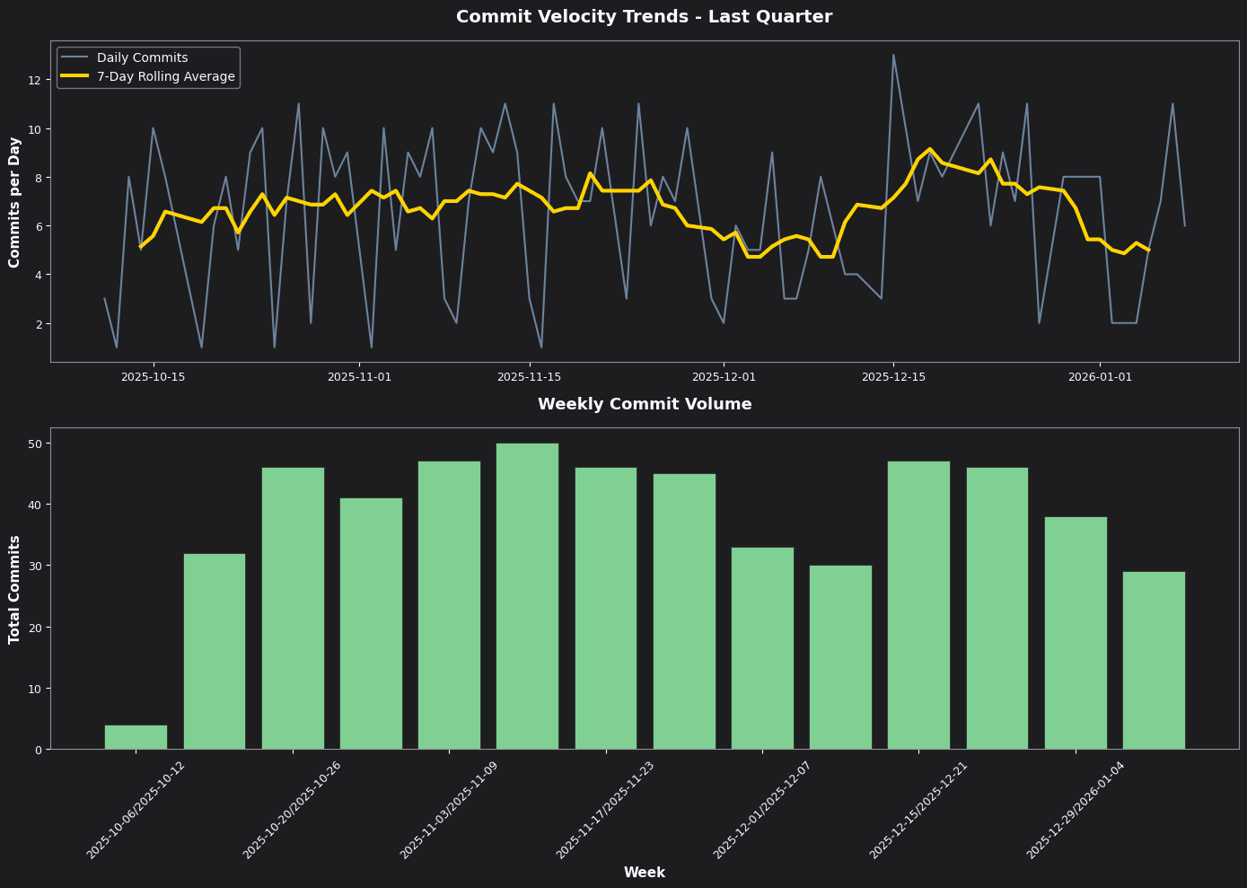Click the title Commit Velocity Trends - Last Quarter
644,17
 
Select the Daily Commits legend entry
142,57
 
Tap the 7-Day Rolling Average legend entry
165,77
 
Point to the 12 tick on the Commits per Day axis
35,80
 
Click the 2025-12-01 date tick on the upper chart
723,377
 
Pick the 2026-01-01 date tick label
1100,377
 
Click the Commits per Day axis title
15,202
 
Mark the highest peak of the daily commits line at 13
893,55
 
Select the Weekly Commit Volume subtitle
645,405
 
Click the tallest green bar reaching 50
527,596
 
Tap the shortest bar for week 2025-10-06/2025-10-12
136,737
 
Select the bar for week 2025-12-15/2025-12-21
918,605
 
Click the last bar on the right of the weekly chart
1154,660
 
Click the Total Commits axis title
15,589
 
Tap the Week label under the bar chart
644,873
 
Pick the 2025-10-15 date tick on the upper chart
153,377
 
